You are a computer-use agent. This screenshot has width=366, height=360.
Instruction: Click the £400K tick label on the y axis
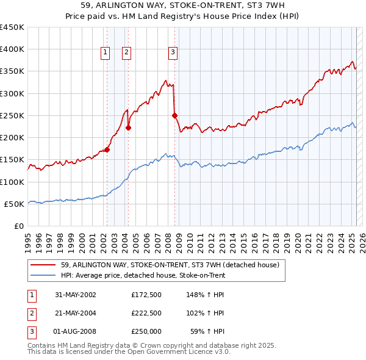point(12,49)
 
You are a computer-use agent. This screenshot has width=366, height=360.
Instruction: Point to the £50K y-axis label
point(14,204)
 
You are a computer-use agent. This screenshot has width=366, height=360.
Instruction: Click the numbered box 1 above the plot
point(106,53)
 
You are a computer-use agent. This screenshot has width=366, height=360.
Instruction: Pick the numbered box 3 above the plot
point(173,53)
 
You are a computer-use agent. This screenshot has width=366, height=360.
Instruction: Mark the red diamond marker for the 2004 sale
point(129,128)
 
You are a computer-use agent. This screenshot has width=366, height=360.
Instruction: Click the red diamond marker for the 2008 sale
point(174,115)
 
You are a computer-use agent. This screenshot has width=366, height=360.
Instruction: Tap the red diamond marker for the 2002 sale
point(107,149)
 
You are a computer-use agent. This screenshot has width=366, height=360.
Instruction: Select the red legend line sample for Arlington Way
point(44,265)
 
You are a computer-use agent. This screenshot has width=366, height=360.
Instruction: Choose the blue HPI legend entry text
point(143,275)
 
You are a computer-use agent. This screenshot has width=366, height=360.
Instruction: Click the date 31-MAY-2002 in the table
point(76,295)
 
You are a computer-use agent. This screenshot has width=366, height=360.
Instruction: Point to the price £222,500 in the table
point(146,313)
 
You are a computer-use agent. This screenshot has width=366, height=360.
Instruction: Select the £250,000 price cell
point(146,331)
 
